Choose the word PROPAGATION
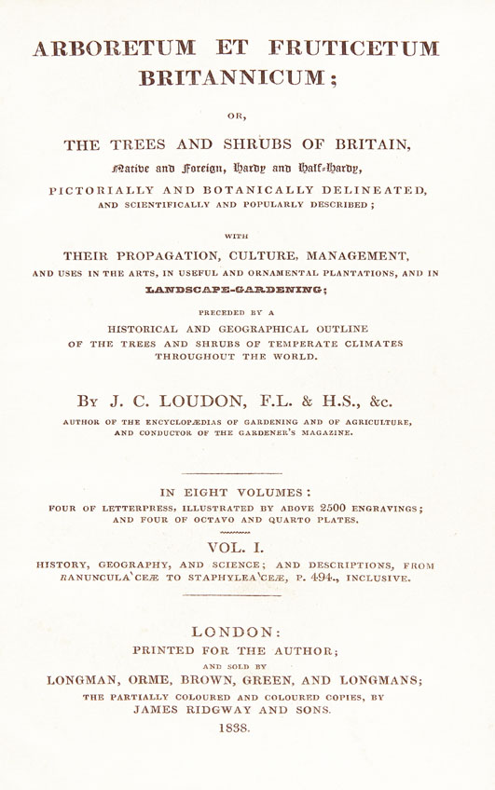[172, 253]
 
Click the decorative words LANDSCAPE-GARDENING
[247, 291]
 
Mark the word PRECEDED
[217, 311]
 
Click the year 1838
[247, 729]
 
